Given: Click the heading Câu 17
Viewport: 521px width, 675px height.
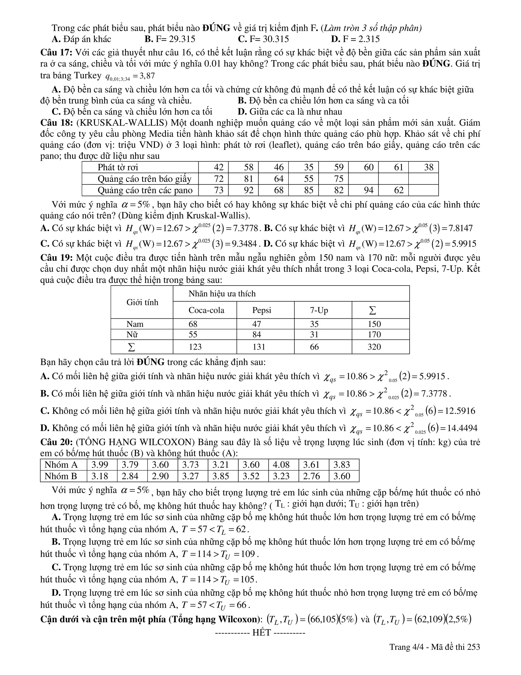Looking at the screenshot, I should tap(56, 52).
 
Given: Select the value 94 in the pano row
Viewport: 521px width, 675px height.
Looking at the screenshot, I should tap(369, 190).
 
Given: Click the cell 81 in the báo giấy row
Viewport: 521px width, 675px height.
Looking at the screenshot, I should tap(249, 179).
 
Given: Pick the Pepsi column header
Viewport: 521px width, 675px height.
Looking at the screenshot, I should tap(262, 310).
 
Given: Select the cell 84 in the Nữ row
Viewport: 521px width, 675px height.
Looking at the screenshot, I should tap(256, 334).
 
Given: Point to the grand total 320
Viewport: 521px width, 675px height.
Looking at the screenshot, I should tap(374, 347).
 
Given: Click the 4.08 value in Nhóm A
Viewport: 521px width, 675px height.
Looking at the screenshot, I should tap(281, 465).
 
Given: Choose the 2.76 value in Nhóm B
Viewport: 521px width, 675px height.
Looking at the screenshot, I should tap(311, 476).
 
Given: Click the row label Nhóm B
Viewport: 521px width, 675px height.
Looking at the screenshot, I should tap(61, 476).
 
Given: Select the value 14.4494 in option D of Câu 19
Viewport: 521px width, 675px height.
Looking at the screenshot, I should tap(462, 428).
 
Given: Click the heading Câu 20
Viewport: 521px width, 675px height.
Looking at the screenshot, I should tap(56, 442).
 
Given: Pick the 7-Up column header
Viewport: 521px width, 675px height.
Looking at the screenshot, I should tap(319, 310).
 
